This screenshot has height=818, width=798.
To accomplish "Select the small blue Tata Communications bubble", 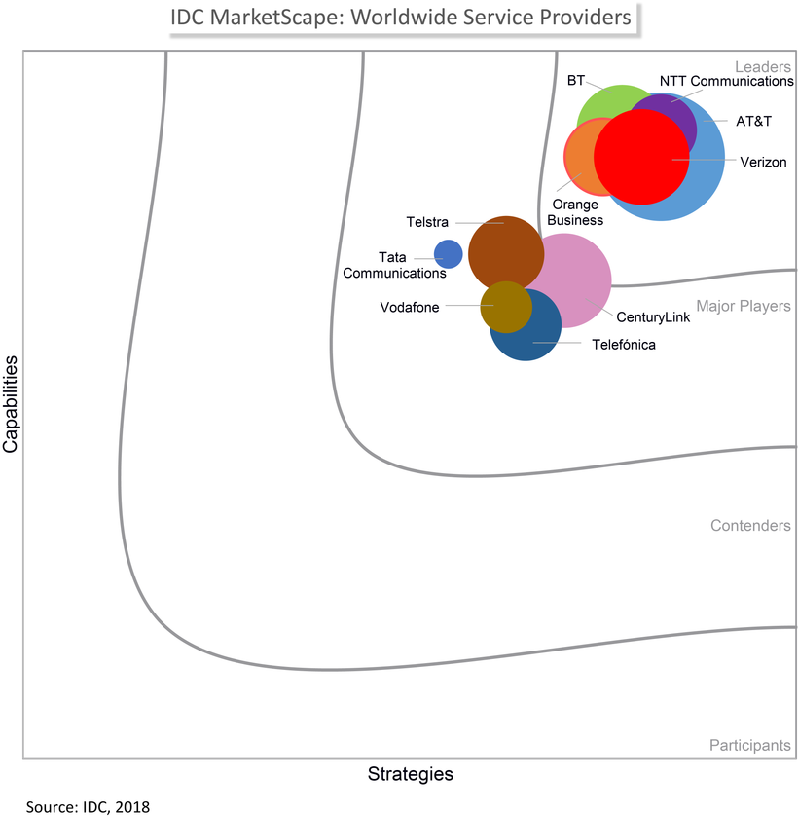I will [448, 254].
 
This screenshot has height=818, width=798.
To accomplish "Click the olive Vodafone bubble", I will [505, 306].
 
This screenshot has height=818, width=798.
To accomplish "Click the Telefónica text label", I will [624, 344].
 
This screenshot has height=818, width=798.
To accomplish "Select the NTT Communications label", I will [726, 81].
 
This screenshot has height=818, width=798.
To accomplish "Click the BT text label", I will [575, 80].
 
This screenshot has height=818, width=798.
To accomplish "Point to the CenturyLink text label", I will [653, 317].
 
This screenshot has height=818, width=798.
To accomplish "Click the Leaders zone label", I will [762, 66].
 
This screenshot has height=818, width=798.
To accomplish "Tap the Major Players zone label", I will [744, 307].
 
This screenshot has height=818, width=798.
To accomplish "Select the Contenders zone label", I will [749, 526].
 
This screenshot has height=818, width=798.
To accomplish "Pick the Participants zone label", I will [749, 745].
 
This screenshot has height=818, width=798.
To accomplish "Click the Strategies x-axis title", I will [410, 775].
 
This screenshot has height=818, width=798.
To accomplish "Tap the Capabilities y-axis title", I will [12, 403].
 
